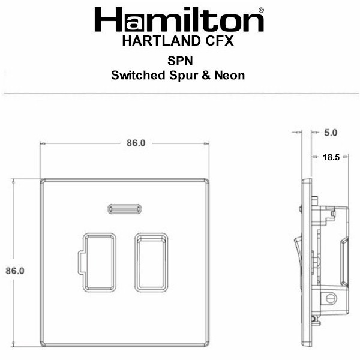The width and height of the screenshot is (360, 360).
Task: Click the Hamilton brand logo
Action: click(179, 20)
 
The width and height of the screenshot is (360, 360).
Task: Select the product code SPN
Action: click(180, 61)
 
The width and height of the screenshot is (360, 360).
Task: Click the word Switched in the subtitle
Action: click(138, 76)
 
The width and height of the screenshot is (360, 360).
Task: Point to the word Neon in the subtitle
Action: click(230, 76)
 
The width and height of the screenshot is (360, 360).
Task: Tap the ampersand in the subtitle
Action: click(206, 76)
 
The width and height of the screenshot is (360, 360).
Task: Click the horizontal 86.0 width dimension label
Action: click(136, 143)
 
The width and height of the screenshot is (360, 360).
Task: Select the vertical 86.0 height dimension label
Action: click(15, 271)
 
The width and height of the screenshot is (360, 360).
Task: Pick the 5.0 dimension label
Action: click(331, 133)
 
